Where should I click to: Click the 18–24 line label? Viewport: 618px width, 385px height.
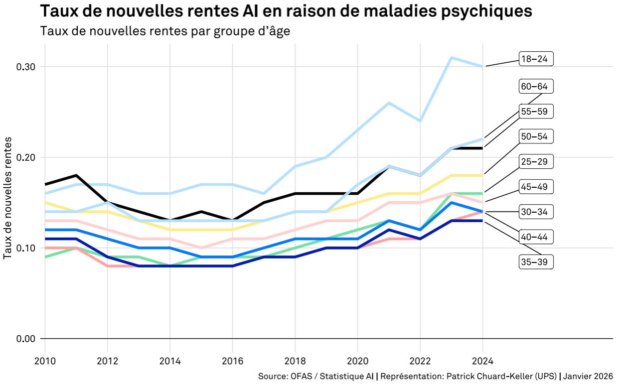point(536,59)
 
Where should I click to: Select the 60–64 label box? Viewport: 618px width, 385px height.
point(536,86)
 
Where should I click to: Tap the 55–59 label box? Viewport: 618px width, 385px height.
point(536,111)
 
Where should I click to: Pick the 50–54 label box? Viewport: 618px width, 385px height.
point(536,136)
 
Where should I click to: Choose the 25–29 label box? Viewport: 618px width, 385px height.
point(536,161)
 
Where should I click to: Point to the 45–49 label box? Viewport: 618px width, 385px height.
point(536,187)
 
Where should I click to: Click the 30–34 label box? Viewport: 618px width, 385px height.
point(536,212)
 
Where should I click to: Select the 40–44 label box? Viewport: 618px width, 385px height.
point(536,237)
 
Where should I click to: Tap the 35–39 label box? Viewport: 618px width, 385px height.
point(536,262)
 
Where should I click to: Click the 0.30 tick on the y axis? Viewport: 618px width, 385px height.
point(25,67)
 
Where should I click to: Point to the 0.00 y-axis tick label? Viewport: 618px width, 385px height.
point(25,339)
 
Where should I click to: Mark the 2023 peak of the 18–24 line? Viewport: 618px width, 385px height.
point(451,57)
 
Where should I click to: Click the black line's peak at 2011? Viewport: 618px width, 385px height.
point(76,175)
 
